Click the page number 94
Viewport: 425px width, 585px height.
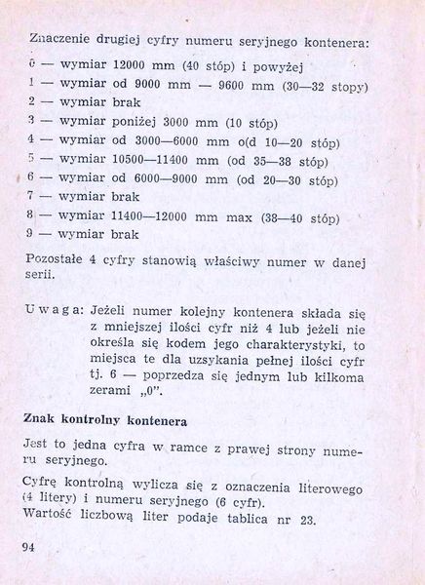[27, 546]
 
